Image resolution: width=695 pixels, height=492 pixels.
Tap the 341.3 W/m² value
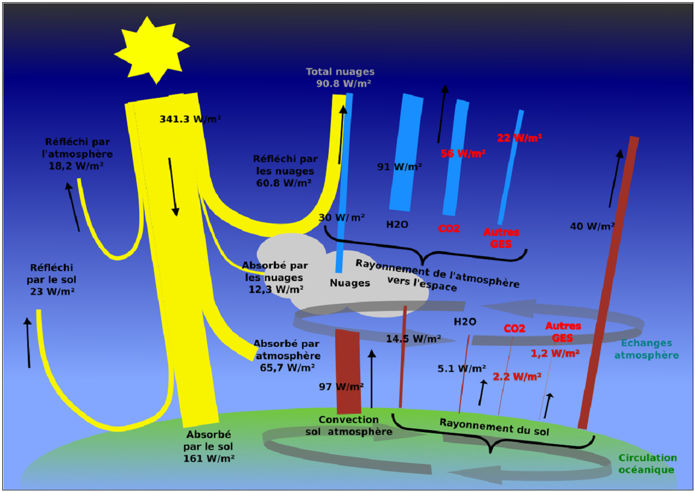(x=190, y=119)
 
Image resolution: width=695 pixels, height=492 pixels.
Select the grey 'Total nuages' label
(x=340, y=72)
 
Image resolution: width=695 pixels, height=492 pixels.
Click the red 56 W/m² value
(x=463, y=153)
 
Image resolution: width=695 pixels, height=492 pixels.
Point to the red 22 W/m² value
(x=519, y=138)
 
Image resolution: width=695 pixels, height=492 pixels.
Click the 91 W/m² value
(x=399, y=167)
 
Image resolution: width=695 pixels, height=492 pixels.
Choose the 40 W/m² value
(x=592, y=226)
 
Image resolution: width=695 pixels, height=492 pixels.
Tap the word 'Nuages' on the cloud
(x=350, y=283)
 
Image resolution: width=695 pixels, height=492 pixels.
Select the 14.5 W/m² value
(x=413, y=339)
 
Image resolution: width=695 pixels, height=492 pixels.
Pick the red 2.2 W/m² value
(x=516, y=376)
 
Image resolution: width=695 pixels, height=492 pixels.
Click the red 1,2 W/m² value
(x=555, y=353)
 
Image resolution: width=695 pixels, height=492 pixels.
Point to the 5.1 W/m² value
(x=462, y=369)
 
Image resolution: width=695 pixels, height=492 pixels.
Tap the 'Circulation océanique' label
(x=647, y=464)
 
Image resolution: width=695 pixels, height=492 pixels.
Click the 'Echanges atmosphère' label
(x=647, y=349)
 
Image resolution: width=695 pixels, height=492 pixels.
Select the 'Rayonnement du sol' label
(x=494, y=427)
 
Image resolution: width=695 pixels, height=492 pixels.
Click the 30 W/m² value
(x=342, y=217)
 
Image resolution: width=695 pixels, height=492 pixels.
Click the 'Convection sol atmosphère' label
(x=348, y=426)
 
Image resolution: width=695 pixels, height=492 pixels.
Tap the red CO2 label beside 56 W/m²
(x=449, y=229)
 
